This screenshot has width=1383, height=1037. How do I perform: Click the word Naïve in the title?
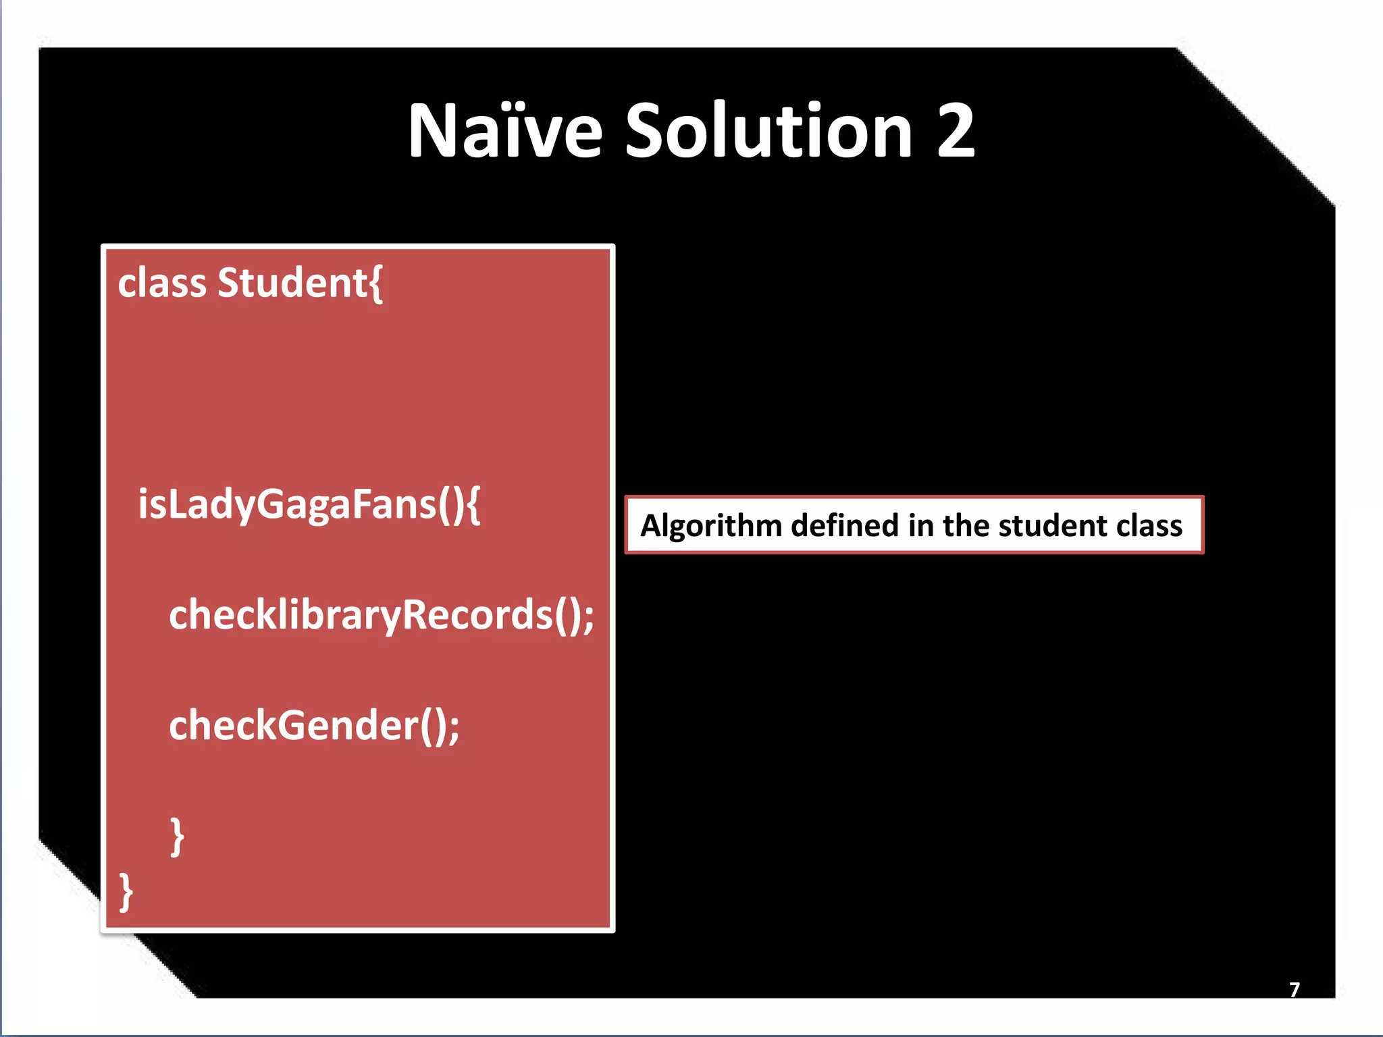[x=504, y=131]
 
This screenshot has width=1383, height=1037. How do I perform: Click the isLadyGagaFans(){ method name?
[x=309, y=504]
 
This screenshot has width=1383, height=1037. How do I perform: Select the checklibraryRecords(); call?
[x=382, y=615]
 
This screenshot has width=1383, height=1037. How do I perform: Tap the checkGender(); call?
[x=314, y=726]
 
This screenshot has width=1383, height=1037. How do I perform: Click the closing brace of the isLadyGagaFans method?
[x=177, y=836]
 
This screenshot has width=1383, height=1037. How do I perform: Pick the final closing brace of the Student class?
[x=126, y=892]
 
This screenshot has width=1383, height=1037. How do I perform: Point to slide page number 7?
[x=1294, y=990]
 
